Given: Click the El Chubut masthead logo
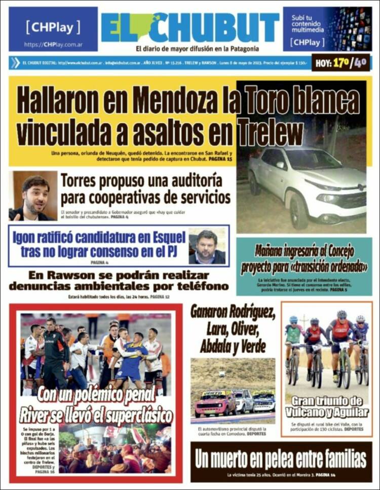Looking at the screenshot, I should (190, 27).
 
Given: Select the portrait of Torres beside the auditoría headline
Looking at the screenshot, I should (33, 196).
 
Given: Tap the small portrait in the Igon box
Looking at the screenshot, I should (207, 246).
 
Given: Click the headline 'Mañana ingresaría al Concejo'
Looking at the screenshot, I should (304, 251).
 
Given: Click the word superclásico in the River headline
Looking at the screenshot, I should (133, 416).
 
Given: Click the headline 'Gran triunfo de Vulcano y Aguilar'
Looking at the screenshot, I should (327, 406).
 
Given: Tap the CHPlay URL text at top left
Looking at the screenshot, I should (53, 44).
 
